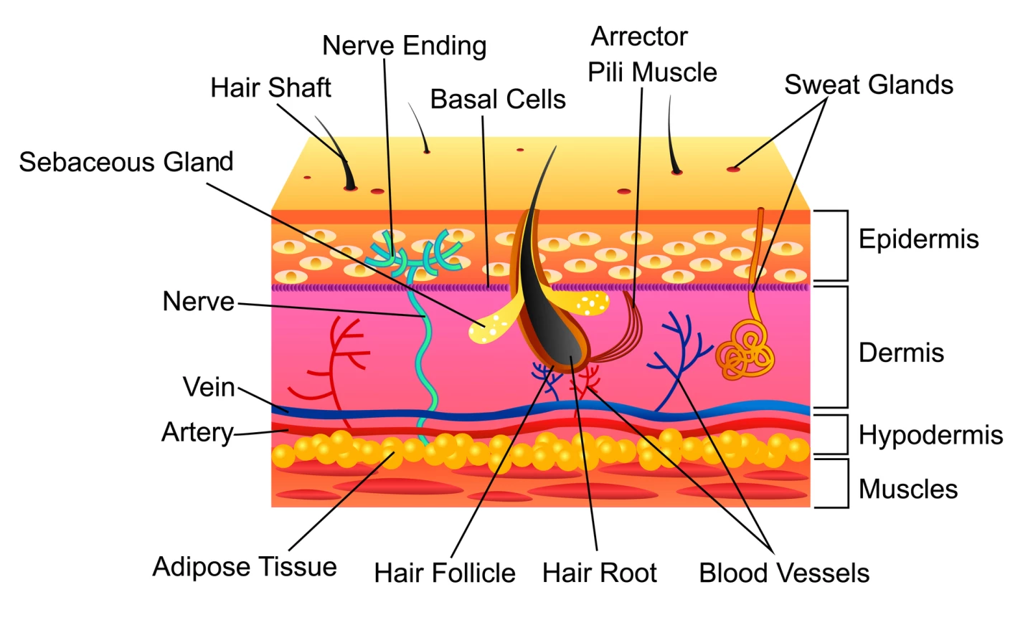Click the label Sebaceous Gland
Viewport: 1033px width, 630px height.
pyautogui.click(x=126, y=162)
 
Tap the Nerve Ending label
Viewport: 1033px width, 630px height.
pyautogui.click(x=404, y=46)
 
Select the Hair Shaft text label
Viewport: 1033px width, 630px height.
pyautogui.click(x=270, y=88)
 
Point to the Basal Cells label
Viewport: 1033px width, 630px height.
pyautogui.click(x=498, y=100)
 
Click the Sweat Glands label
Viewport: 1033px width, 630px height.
pyautogui.click(x=868, y=85)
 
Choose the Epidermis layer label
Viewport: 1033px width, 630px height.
pyautogui.click(x=918, y=239)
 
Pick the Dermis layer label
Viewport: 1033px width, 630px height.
pyautogui.click(x=901, y=353)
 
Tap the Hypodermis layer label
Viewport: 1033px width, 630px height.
pyautogui.click(x=930, y=435)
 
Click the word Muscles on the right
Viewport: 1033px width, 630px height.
pyautogui.click(x=907, y=490)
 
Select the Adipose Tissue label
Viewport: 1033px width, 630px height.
pyautogui.click(x=245, y=567)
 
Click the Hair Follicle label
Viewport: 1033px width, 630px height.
pyautogui.click(x=444, y=573)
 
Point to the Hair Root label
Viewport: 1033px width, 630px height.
pyautogui.click(x=599, y=573)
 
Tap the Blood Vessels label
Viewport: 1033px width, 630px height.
pyautogui.click(x=784, y=573)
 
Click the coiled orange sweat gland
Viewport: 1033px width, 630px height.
pyautogui.click(x=745, y=352)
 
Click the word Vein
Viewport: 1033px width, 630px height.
pyautogui.click(x=209, y=387)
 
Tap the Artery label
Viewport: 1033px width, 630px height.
pyautogui.click(x=197, y=432)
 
